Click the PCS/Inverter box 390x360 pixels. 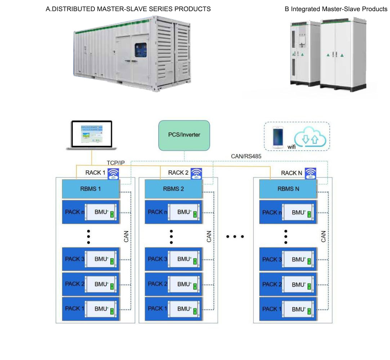click(184, 135)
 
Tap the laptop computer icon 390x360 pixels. click(92, 135)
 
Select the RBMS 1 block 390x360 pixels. click(90, 189)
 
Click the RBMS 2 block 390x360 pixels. click(173, 189)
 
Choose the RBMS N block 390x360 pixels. click(288, 189)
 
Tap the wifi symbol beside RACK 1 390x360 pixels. click(114, 173)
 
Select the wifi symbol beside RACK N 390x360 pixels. click(310, 173)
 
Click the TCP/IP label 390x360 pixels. click(116, 163)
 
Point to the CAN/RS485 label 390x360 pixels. click(245, 156)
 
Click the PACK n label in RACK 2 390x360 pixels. click(158, 212)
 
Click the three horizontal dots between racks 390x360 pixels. click(235, 237)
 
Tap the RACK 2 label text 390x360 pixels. click(178, 173)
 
